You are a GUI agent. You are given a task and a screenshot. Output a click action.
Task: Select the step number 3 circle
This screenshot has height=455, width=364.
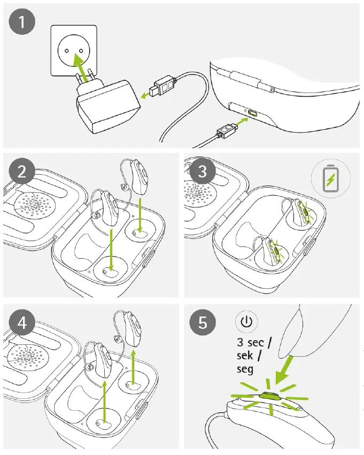click(x=202, y=172)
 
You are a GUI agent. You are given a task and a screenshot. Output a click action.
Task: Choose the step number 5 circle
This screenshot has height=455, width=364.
click(x=202, y=322)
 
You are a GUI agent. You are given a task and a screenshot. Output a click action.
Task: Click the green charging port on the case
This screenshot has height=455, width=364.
click(x=251, y=114)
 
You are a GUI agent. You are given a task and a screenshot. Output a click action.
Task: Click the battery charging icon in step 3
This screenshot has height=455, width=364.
click(x=330, y=179)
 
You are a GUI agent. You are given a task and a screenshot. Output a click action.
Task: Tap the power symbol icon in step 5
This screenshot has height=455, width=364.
click(x=246, y=322)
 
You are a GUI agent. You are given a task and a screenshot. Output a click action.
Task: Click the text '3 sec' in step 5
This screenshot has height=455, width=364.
click(x=252, y=343)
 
